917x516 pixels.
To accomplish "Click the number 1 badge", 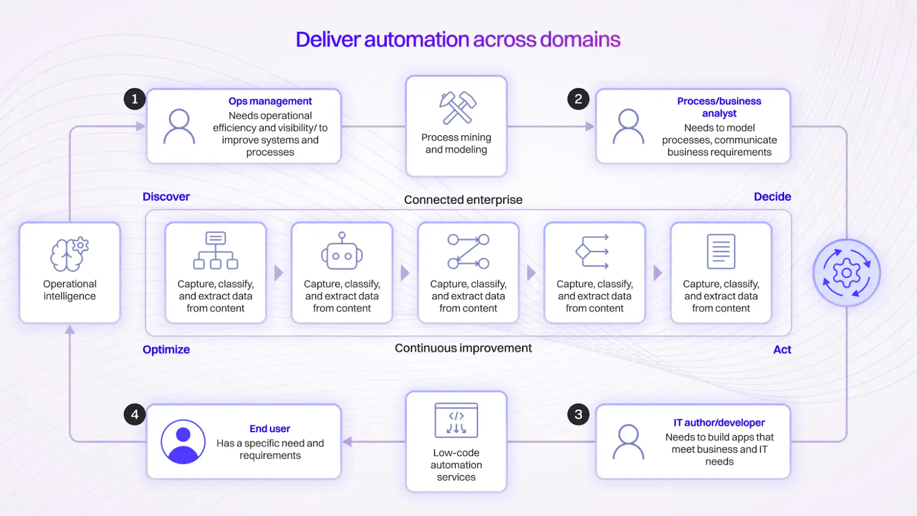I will [135, 99].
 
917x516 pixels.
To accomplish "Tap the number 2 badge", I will [578, 99].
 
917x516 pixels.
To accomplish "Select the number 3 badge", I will [578, 415].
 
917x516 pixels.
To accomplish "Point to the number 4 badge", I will [135, 415].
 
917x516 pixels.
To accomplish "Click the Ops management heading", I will [270, 101].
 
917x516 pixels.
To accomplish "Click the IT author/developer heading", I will [719, 423].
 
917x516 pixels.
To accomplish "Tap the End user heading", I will [270, 429].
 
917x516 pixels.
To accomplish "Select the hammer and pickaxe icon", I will [457, 108].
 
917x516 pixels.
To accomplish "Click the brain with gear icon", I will [69, 253].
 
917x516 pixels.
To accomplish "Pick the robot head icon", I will [342, 252].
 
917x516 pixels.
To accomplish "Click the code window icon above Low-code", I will [456, 420].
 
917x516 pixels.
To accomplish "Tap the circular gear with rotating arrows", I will [847, 273].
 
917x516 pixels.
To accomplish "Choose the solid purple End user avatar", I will [183, 441].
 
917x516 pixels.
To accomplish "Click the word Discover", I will [166, 197].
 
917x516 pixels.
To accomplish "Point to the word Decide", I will [772, 197].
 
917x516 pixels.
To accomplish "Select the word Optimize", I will [166, 350].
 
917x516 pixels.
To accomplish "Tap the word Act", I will [782, 350].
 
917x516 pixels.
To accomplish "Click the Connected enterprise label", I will [463, 200].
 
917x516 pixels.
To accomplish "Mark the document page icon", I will [721, 252].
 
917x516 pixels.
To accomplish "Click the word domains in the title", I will [580, 40].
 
